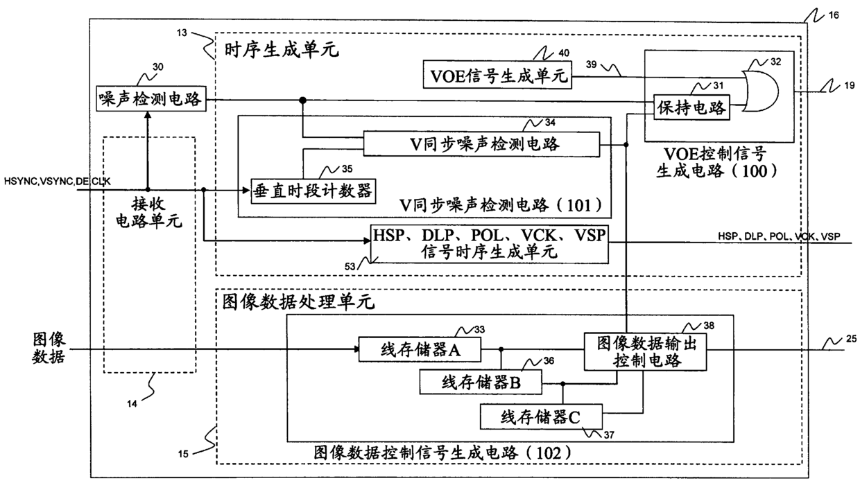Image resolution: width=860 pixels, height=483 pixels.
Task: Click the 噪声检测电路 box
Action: click(x=151, y=99)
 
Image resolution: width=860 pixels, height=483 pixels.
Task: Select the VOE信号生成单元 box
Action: click(x=497, y=75)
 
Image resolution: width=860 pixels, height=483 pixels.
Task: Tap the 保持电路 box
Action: click(x=691, y=108)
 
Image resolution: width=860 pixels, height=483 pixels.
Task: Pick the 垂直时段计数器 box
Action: click(x=313, y=191)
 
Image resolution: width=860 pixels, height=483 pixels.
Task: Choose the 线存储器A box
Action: click(x=420, y=349)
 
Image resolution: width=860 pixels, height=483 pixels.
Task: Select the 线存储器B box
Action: click(x=481, y=382)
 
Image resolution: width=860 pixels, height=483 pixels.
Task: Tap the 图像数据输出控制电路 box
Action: click(x=646, y=352)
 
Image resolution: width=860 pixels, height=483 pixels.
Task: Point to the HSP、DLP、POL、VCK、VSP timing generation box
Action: click(x=489, y=244)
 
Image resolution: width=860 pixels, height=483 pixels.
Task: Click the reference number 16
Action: click(x=834, y=15)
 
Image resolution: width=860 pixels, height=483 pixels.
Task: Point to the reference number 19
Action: click(x=849, y=85)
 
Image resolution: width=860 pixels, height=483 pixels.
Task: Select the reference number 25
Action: click(x=851, y=339)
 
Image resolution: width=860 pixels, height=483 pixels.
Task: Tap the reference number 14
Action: click(x=132, y=403)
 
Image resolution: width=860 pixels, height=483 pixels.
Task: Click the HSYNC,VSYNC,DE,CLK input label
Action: click(x=57, y=181)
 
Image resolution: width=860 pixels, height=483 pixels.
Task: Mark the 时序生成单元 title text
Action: click(x=282, y=50)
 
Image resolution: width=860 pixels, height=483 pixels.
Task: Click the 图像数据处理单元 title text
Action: click(x=298, y=302)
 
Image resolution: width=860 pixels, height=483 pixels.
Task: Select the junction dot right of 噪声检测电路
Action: click(x=303, y=100)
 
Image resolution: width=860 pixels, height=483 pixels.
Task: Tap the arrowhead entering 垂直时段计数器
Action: click(x=246, y=191)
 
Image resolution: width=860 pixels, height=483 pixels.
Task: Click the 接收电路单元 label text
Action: click(x=149, y=213)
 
